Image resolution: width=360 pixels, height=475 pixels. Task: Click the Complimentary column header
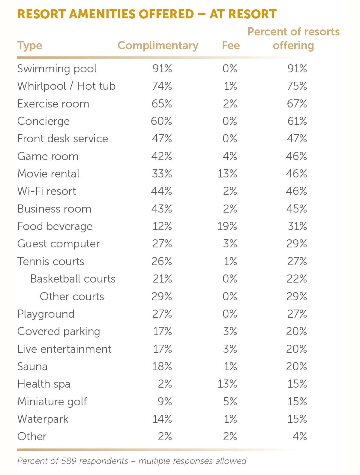point(158,45)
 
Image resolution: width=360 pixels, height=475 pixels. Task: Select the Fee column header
point(231,45)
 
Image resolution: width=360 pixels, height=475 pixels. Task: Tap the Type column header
point(30,46)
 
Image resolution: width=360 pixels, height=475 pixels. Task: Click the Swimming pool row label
point(57,69)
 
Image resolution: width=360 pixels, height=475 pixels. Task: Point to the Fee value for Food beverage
point(227,226)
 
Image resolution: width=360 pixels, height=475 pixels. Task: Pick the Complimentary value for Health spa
point(165,384)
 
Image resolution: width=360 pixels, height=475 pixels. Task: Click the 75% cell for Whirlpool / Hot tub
point(297,86)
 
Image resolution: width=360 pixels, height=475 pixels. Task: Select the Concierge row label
point(43,121)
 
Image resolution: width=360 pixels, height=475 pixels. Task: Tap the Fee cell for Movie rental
point(227,174)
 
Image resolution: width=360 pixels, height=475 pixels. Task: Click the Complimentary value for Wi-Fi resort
point(162,191)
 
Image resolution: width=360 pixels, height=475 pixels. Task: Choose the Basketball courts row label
point(73,279)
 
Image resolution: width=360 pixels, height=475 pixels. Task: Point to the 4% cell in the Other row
point(300,437)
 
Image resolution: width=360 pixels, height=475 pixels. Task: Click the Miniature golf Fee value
point(230,401)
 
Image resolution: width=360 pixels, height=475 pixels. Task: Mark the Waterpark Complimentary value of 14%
point(162,419)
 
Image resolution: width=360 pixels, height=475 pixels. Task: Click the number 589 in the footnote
point(69,461)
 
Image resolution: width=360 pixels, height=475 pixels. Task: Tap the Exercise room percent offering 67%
point(297,104)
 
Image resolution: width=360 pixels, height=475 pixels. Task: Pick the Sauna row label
point(32,367)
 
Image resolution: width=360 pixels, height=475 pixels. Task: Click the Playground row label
point(46,314)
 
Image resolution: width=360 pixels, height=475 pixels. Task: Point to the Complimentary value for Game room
point(162,156)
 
